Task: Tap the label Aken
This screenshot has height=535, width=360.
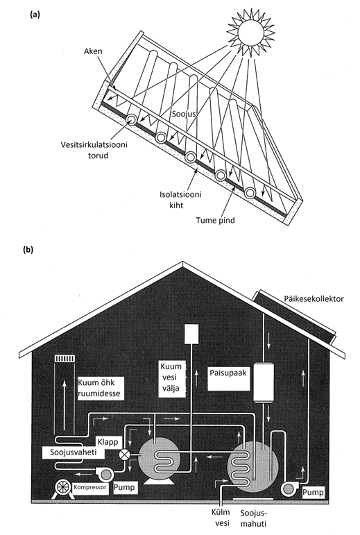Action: point(93,51)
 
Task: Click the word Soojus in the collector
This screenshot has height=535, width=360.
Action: point(183,113)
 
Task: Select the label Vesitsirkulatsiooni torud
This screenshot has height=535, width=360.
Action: point(94,150)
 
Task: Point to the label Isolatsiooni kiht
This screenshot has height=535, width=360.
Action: point(180,200)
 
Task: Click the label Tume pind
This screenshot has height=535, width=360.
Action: point(215,220)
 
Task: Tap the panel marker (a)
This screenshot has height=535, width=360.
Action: point(35,15)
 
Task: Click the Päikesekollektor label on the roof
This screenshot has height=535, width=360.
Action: point(314,299)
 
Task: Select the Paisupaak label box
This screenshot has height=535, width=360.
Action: point(228,378)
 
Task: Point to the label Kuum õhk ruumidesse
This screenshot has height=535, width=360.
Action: point(99,388)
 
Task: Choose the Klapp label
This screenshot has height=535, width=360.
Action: point(108,442)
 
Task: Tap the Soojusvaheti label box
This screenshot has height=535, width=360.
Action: point(73,452)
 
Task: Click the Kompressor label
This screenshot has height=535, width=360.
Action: point(90,487)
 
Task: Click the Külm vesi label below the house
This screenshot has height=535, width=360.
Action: point(221,518)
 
